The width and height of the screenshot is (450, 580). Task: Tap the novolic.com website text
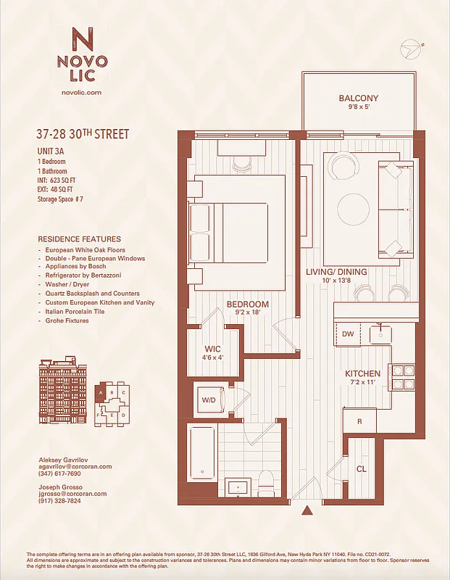click(x=83, y=93)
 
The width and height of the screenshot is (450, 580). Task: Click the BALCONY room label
click(x=358, y=99)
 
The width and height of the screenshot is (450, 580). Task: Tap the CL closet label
click(x=361, y=468)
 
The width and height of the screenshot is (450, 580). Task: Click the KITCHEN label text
click(x=363, y=374)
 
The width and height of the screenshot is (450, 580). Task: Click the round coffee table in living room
click(x=352, y=208)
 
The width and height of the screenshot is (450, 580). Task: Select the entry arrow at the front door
click(x=307, y=510)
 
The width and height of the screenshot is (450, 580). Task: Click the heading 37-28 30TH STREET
click(x=83, y=134)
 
